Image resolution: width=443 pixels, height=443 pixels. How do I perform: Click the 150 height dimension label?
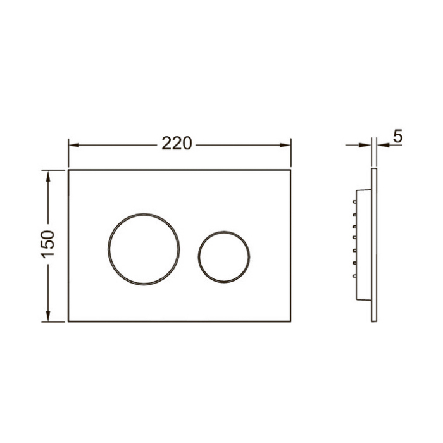47,244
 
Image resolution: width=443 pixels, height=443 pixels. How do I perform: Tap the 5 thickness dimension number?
397,137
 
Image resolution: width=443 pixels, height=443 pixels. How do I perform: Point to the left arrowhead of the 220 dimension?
73,145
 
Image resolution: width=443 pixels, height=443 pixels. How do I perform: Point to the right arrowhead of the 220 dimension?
285,145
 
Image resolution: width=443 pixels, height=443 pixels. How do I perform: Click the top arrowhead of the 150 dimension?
48,176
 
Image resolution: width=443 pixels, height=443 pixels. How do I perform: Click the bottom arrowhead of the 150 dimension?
48,316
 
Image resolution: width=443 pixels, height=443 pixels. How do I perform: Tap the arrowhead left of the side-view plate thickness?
365,145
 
